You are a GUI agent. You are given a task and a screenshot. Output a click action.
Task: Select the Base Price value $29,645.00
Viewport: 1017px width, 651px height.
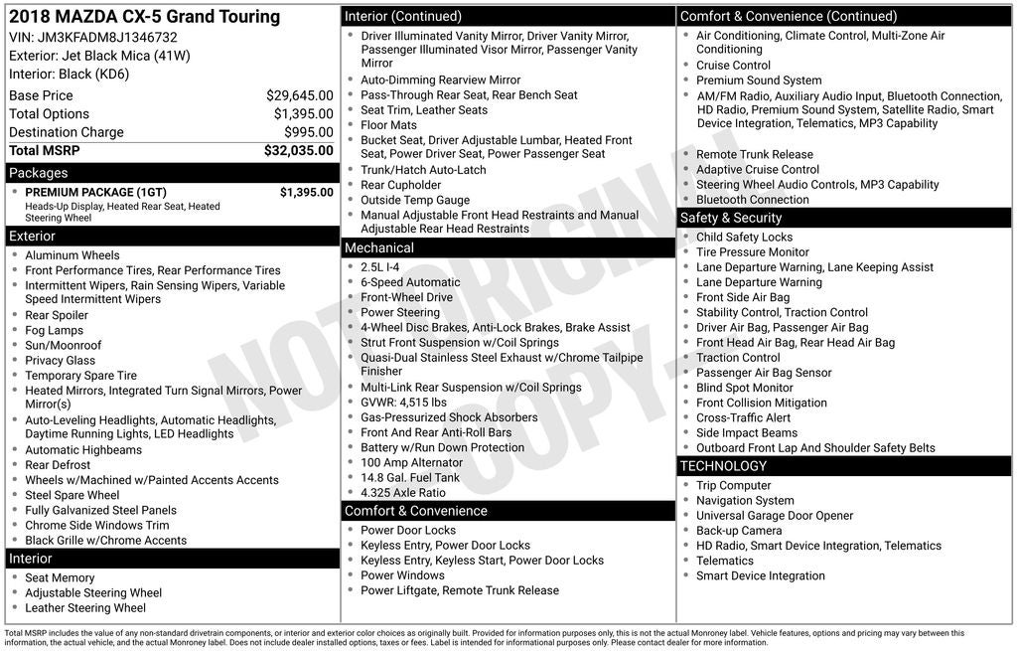coord(299,95)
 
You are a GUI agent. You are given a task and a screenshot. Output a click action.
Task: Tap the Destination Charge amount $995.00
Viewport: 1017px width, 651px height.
coord(309,132)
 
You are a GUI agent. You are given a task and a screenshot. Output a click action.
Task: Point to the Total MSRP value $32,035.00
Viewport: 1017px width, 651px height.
coord(298,151)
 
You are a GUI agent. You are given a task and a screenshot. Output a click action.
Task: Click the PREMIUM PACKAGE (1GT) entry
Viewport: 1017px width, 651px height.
coord(95,192)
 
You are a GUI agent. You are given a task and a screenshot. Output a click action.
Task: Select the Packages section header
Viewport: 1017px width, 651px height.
coord(39,173)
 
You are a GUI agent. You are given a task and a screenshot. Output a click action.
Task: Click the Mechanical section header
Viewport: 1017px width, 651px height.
coord(379,247)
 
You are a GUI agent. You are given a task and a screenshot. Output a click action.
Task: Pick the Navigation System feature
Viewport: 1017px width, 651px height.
coord(745,501)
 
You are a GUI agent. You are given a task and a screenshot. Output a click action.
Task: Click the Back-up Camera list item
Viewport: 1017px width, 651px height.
coord(739,531)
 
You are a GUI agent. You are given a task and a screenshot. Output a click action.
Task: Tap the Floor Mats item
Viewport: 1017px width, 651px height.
coord(388,125)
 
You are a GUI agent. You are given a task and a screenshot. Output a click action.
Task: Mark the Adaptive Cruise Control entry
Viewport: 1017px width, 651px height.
coord(758,170)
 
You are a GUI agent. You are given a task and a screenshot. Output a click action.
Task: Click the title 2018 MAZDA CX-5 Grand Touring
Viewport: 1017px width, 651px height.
coord(144,17)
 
